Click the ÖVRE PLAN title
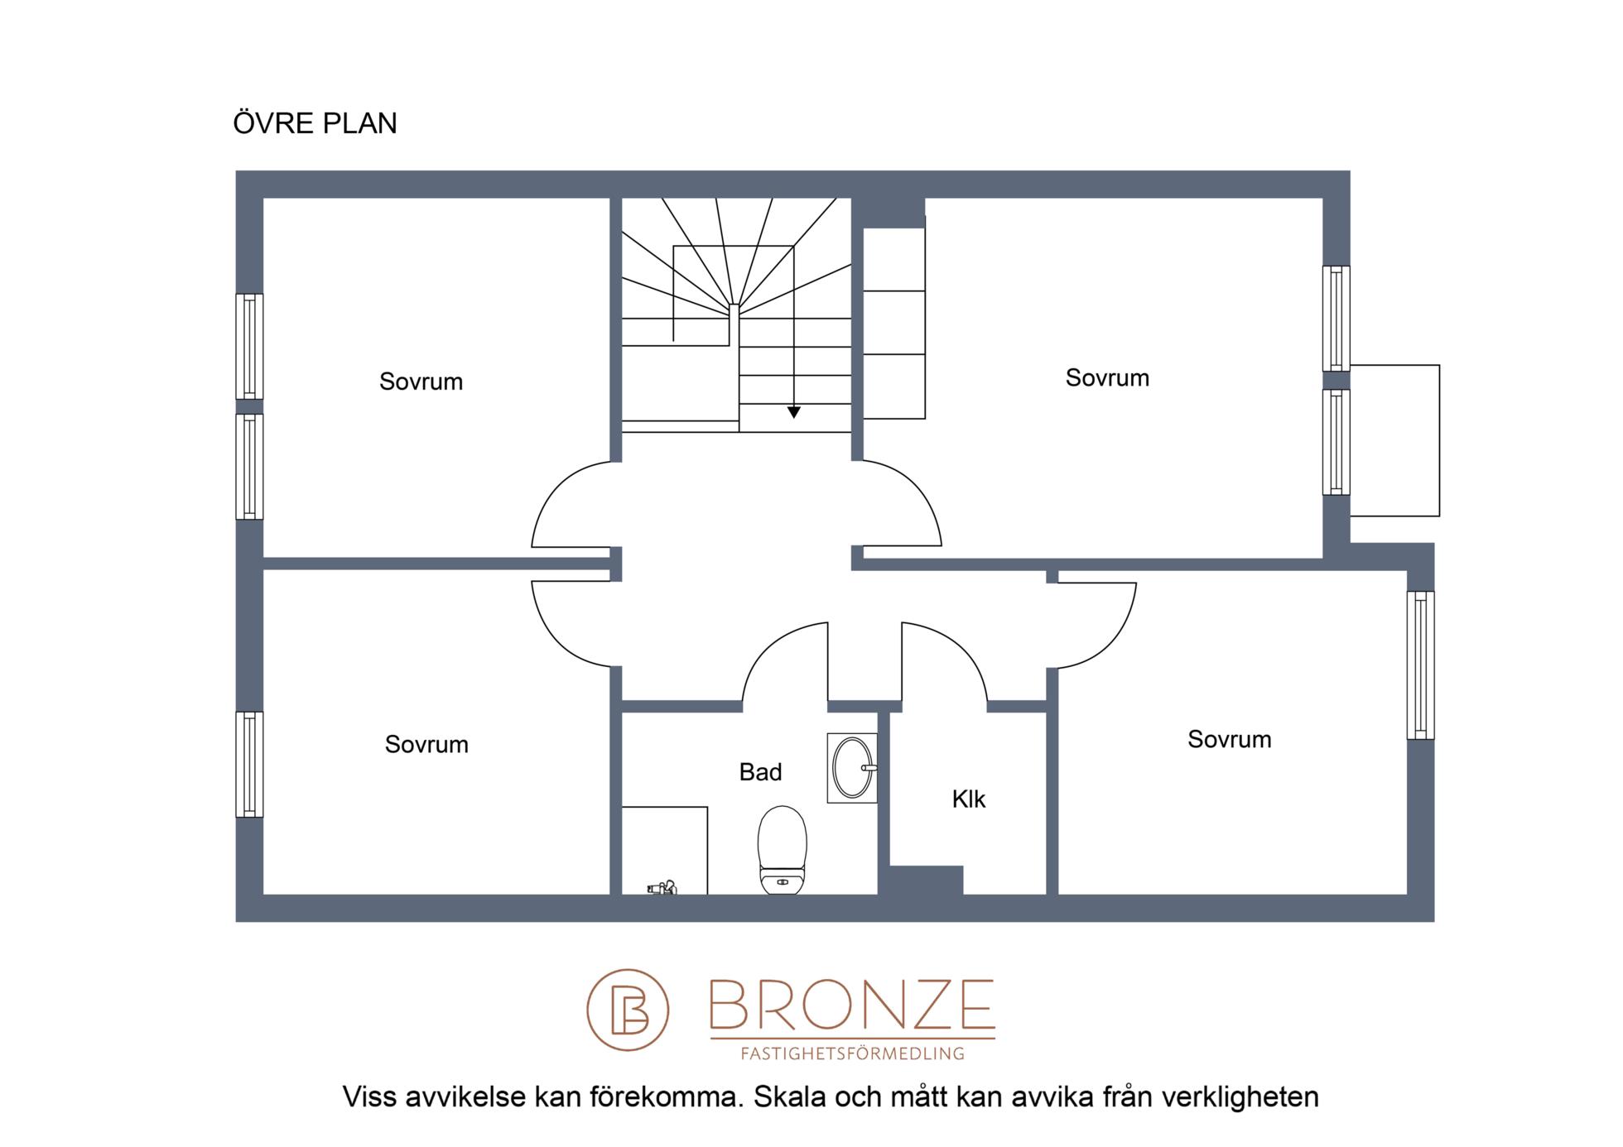[x=315, y=122]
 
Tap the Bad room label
[x=760, y=772]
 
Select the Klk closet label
[x=968, y=799]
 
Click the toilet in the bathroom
[x=782, y=850]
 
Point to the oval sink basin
[x=852, y=768]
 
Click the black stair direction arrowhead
[x=793, y=412]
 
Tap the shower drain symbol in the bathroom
[x=662, y=888]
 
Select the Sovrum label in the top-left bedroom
[x=421, y=382]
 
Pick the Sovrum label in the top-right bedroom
[x=1107, y=378]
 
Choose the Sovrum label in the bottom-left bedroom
[x=426, y=745]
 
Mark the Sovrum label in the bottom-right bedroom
[x=1229, y=740]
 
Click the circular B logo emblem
[x=628, y=1010]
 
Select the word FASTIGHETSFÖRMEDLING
[x=852, y=1053]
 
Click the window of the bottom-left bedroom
[x=249, y=765]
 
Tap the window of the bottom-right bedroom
[x=1420, y=665]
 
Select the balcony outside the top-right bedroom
[x=1394, y=441]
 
